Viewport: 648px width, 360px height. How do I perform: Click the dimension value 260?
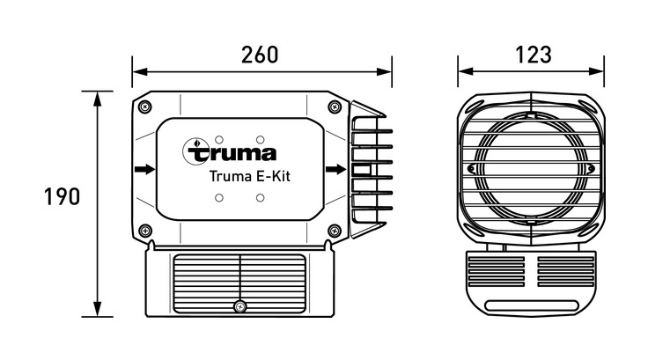point(261,54)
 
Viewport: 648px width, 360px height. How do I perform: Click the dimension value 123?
point(532,54)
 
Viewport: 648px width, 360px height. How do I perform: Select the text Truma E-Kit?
point(249,175)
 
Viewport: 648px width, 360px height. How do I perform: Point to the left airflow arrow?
point(144,168)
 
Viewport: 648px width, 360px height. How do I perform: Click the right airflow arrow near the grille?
point(335,169)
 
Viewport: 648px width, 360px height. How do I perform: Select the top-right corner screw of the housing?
point(333,107)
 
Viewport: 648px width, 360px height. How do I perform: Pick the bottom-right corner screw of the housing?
point(333,231)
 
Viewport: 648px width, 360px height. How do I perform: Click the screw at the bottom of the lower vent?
point(239,305)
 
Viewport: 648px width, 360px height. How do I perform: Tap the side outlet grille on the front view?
point(371,168)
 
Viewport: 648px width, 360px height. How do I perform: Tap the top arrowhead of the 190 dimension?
point(97,95)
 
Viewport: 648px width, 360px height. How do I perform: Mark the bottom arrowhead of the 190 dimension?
point(97,311)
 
